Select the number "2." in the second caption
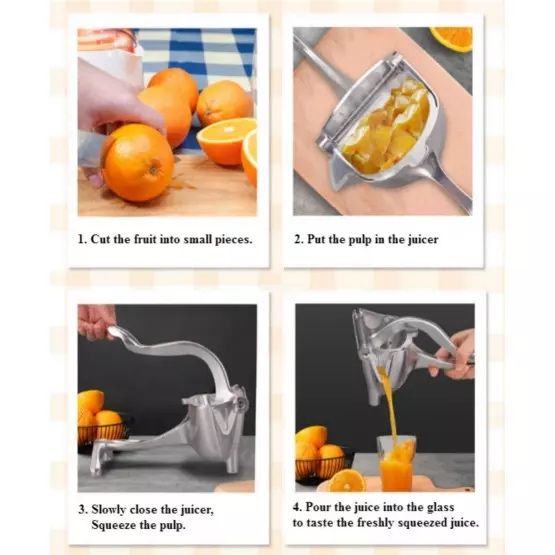pos(298,240)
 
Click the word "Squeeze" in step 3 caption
pos(118,524)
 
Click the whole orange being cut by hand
pos(138,162)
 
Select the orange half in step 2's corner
pos(453,38)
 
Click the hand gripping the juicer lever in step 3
pos(96,320)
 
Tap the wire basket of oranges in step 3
pos(104,430)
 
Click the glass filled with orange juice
pos(396,462)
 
